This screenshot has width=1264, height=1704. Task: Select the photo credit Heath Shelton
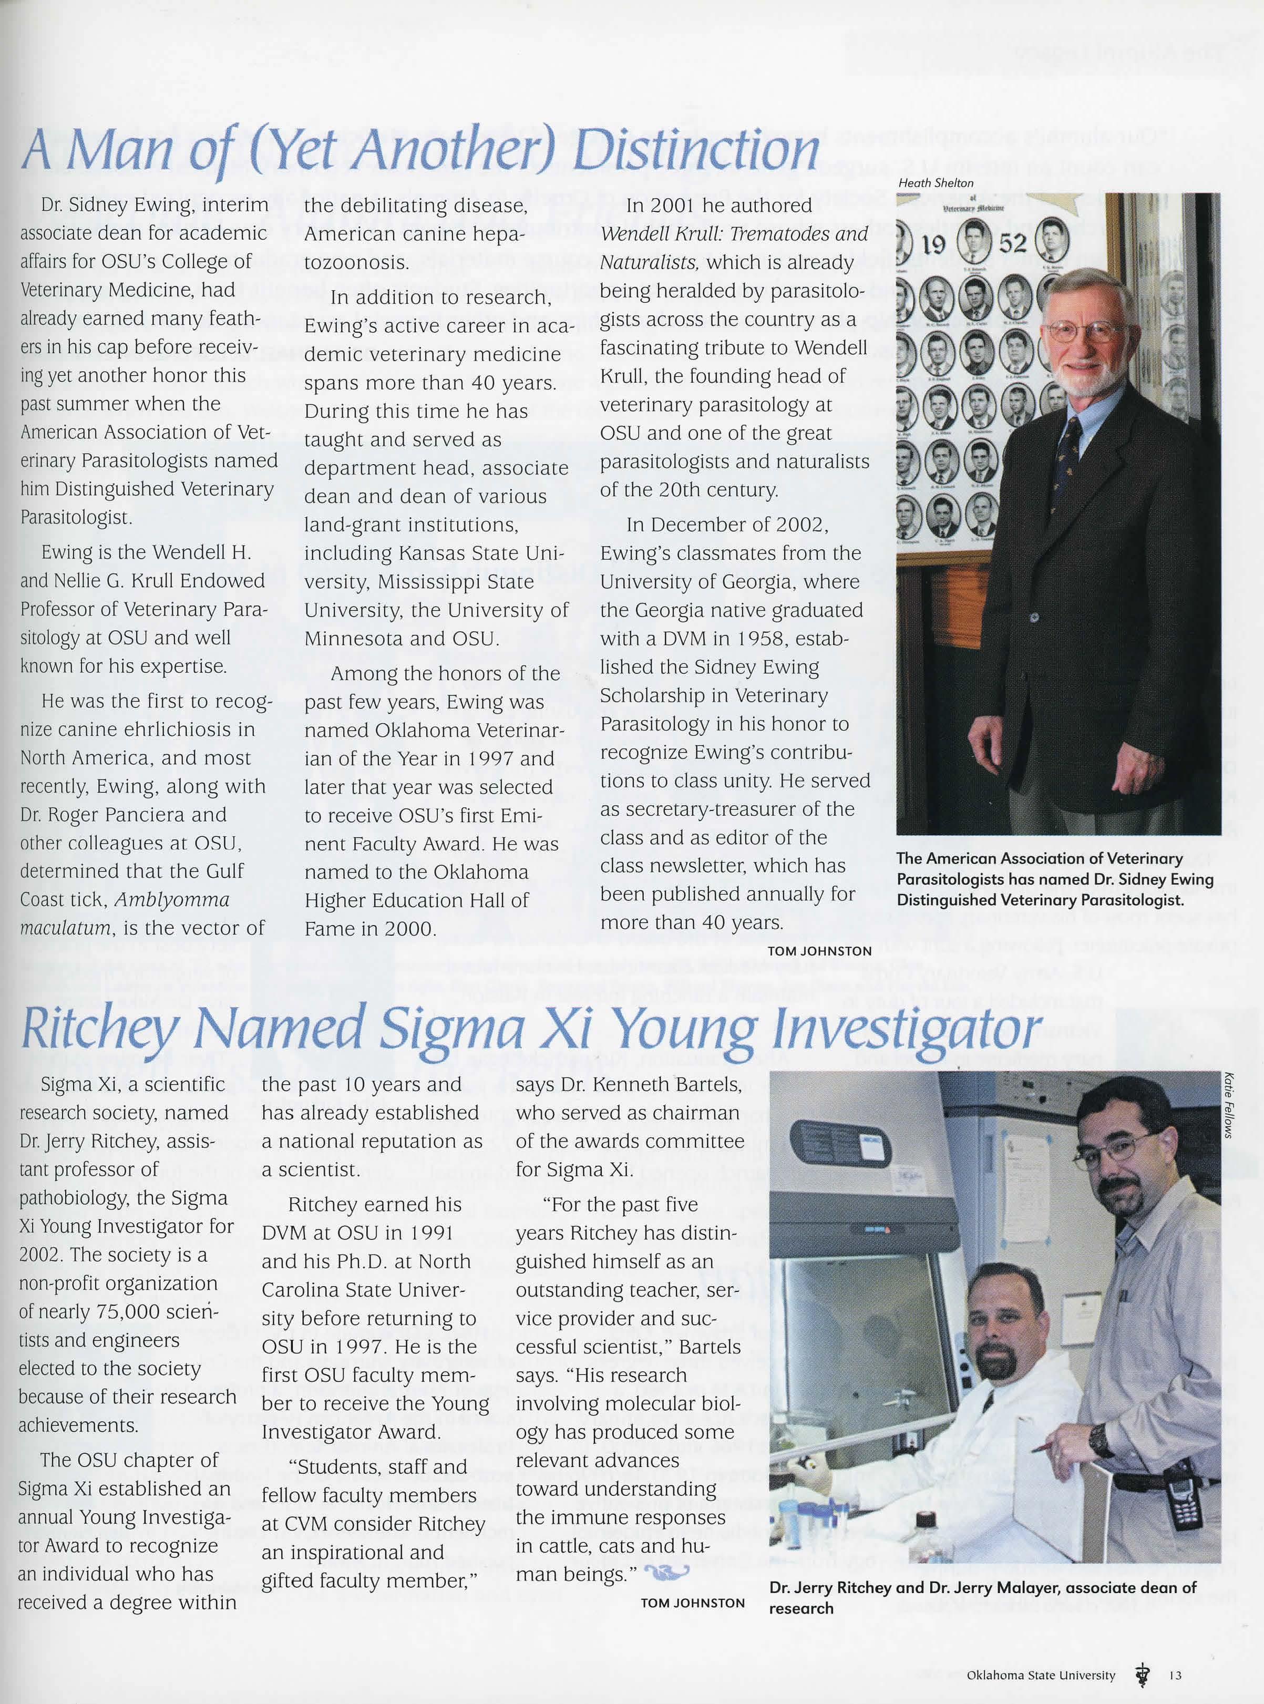[936, 183]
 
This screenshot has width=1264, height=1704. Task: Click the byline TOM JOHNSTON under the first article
[819, 951]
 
